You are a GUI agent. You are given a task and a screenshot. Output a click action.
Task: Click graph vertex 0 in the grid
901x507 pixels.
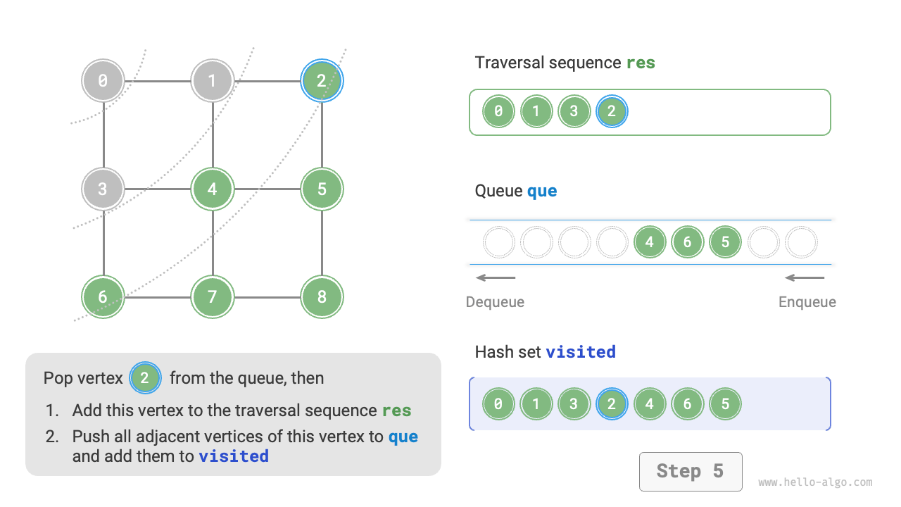103,80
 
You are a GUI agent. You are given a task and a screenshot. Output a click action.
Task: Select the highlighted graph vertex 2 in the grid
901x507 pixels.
322,80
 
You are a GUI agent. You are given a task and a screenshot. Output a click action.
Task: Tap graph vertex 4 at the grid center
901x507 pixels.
213,189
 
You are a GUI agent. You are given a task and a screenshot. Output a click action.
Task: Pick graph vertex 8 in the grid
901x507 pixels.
322,296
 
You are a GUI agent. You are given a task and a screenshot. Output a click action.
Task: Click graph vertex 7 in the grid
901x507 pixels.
213,296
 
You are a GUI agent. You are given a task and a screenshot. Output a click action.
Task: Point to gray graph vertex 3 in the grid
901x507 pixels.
103,189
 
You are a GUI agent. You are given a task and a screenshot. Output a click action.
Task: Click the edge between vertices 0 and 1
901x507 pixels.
158,81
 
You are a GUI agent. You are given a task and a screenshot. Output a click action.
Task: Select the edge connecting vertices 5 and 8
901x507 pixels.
322,243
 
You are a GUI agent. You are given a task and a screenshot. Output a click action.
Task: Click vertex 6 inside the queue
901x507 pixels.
687,242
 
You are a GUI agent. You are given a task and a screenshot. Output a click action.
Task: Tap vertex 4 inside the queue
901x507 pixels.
649,242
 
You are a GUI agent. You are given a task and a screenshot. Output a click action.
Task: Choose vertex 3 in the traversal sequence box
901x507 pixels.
574,111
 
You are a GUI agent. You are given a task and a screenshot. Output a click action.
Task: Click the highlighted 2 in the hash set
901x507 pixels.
612,404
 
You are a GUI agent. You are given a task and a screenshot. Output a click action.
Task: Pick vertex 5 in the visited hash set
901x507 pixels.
725,404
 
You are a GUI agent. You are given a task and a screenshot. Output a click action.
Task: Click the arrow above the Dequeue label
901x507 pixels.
496,277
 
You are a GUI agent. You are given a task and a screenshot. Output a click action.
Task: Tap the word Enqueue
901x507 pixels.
807,302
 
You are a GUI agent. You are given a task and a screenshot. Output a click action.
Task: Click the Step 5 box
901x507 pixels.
690,471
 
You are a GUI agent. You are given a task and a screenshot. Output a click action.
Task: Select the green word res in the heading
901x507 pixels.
641,63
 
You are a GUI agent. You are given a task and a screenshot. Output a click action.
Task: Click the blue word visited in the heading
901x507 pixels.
581,351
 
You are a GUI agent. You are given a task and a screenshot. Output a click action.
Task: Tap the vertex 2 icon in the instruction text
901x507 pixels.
145,378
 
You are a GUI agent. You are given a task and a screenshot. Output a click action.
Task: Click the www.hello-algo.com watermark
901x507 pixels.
815,482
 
